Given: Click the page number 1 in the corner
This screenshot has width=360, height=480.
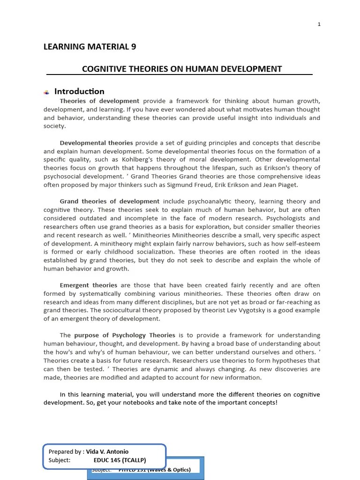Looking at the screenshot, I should pyautogui.click(x=319, y=24).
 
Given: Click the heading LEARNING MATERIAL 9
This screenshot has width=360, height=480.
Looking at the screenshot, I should pyautogui.click(x=90, y=46).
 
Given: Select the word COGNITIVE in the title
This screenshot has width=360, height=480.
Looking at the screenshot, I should pyautogui.click(x=103, y=69).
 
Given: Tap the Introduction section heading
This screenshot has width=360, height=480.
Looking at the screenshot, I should pyautogui.click(x=79, y=91).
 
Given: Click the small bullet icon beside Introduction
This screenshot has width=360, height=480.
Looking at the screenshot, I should pyautogui.click(x=47, y=92).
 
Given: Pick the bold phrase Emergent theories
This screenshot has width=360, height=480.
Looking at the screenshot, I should pyautogui.click(x=89, y=285).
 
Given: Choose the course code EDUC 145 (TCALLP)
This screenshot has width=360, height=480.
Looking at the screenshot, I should pyautogui.click(x=120, y=460).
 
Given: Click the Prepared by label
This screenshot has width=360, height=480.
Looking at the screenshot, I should pyautogui.click(x=66, y=452).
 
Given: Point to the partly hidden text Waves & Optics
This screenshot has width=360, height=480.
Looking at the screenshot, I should pyautogui.click(x=168, y=470).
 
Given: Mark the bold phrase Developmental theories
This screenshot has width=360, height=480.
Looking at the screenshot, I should pyautogui.click(x=96, y=142).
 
